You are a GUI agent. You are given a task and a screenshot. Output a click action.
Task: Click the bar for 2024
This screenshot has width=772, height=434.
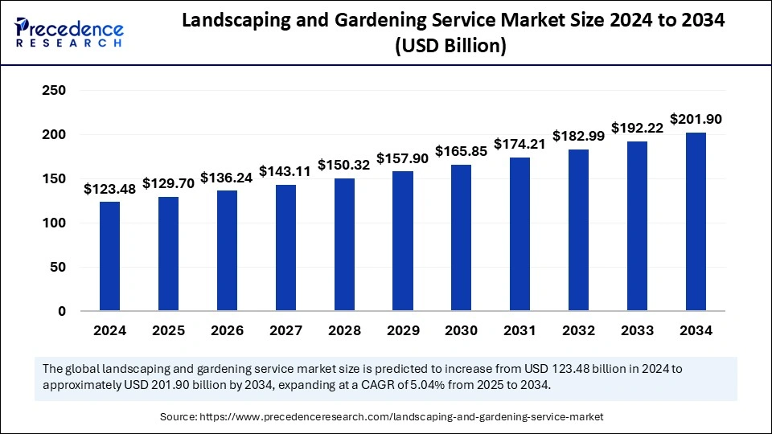point(110,256)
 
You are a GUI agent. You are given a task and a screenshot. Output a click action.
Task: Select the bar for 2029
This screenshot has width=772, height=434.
point(403,240)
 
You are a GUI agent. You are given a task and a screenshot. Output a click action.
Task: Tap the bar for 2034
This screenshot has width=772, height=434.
point(696,221)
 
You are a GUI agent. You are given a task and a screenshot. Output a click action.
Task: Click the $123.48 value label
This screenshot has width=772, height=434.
point(110,190)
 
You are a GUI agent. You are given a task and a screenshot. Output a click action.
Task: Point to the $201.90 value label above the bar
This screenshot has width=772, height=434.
point(696,120)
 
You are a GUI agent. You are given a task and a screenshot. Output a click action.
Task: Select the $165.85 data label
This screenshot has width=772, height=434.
point(462,151)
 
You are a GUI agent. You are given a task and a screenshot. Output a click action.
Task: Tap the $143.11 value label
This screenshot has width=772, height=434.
point(285,172)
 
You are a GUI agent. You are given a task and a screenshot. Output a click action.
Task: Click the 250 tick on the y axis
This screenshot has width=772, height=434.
point(54,91)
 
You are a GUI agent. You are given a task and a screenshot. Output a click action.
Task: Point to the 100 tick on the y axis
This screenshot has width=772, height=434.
point(54,223)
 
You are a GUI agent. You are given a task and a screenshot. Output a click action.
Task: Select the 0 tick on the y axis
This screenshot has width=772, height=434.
point(61,311)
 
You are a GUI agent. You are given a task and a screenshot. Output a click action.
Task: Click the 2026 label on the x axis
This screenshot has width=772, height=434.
point(227,330)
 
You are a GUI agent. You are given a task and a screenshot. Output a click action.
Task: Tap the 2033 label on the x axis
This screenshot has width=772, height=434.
point(637,330)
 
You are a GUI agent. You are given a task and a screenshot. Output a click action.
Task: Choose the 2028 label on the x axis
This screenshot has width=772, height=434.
point(344,330)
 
